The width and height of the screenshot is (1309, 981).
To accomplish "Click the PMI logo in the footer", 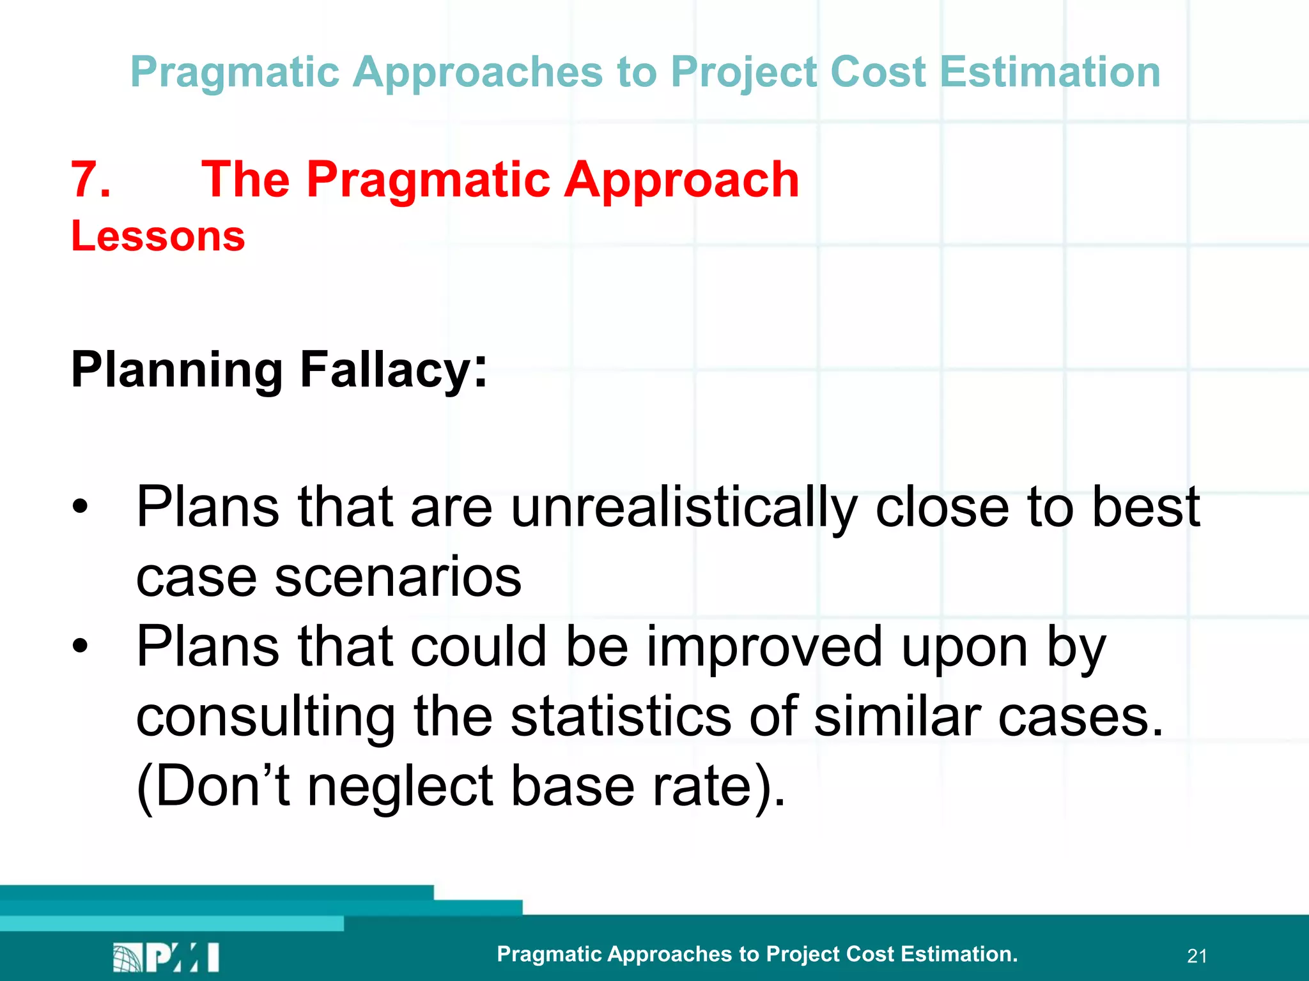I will (x=166, y=957).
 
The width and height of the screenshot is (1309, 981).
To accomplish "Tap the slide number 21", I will (x=1197, y=956).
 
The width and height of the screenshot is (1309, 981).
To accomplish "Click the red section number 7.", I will (x=89, y=180).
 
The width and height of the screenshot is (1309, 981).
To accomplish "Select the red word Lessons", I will (x=158, y=236).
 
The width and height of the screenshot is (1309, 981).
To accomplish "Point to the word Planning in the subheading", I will (x=177, y=370).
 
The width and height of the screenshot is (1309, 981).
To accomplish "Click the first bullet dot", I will (x=80, y=507).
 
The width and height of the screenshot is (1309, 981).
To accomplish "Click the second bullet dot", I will (x=80, y=646).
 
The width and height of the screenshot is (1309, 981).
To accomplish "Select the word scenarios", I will (x=398, y=577).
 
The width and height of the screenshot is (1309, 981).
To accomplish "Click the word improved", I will (x=764, y=646).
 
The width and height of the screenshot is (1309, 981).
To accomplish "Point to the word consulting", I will (x=266, y=717).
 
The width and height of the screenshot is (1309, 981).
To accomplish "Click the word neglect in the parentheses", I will (x=400, y=787).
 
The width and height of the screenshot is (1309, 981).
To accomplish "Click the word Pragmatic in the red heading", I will (x=428, y=180).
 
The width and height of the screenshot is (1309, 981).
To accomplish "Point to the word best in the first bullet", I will (x=1145, y=507).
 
